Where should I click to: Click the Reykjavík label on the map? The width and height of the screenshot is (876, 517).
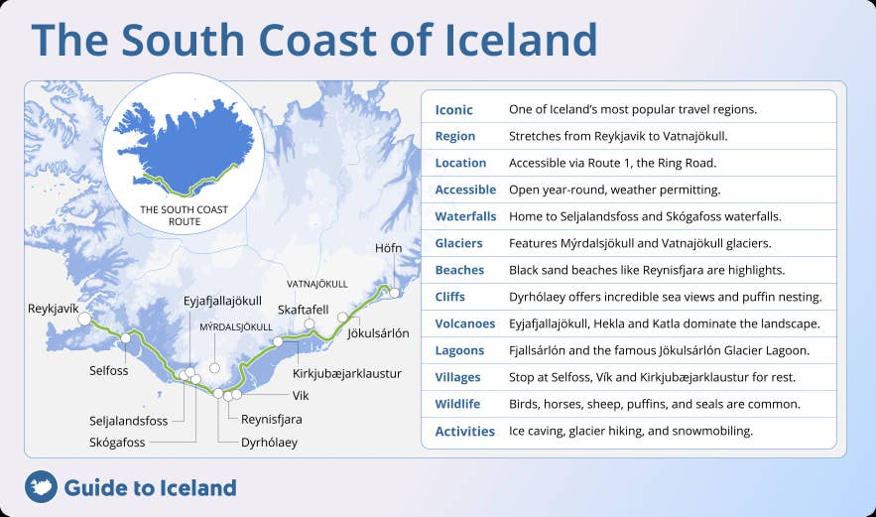[53, 310]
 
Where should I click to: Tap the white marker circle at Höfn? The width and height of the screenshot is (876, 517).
[394, 293]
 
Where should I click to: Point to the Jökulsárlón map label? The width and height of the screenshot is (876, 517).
[378, 333]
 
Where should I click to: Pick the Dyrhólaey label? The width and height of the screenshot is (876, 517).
[269, 443]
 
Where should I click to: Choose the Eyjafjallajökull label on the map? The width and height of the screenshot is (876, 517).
[222, 301]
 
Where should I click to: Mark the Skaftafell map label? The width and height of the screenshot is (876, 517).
[303, 310]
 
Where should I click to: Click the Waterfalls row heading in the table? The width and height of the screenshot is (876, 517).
[464, 216]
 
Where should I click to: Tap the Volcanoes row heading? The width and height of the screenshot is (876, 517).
[464, 323]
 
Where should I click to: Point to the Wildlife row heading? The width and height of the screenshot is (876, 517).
[457, 404]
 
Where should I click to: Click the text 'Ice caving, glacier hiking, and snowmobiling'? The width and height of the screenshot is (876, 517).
[630, 431]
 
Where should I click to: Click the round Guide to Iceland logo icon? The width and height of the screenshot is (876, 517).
[41, 487]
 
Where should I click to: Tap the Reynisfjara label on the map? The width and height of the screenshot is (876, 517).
[271, 419]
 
